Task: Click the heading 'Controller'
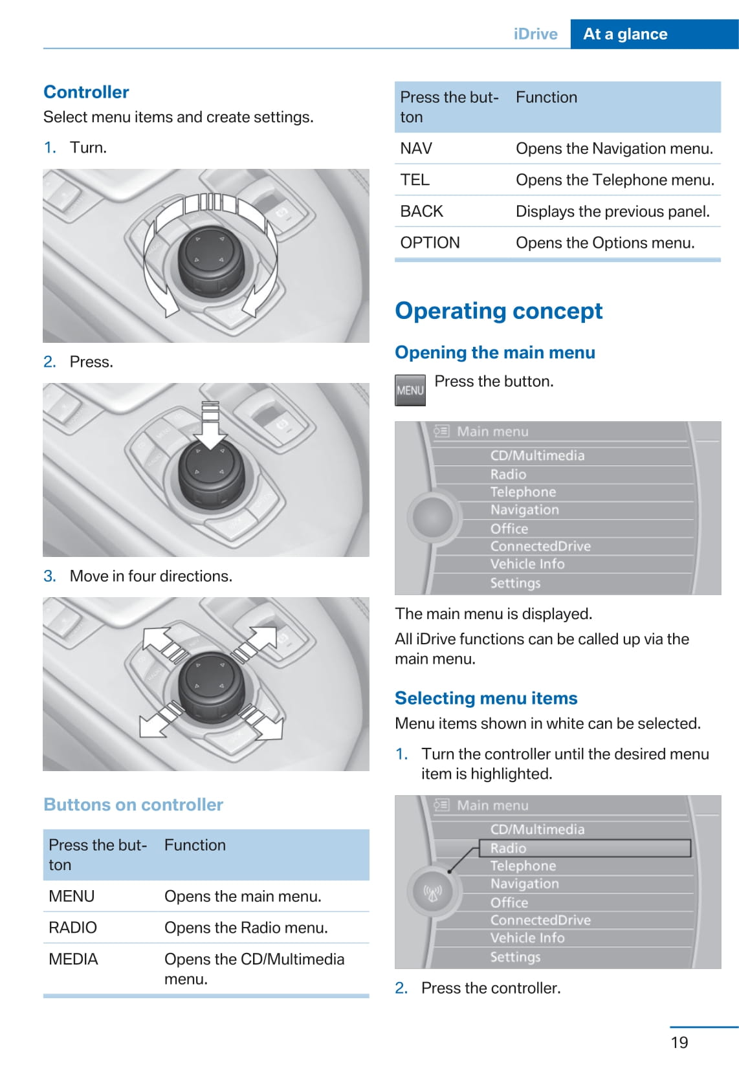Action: point(86,92)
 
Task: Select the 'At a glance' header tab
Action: point(625,34)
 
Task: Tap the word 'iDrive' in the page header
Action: point(535,34)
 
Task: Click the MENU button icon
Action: point(410,390)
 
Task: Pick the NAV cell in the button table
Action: point(416,149)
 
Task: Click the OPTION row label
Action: point(430,243)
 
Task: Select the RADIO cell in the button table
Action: point(72,928)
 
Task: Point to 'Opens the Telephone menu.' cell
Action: point(615,180)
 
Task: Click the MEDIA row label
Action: point(73,959)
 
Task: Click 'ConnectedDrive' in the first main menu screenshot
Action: point(540,546)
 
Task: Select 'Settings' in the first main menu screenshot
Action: point(515,583)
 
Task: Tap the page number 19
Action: point(679,1042)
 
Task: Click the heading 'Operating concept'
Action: point(498,311)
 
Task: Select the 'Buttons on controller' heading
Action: point(133,805)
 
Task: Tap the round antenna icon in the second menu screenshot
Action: point(432,892)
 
